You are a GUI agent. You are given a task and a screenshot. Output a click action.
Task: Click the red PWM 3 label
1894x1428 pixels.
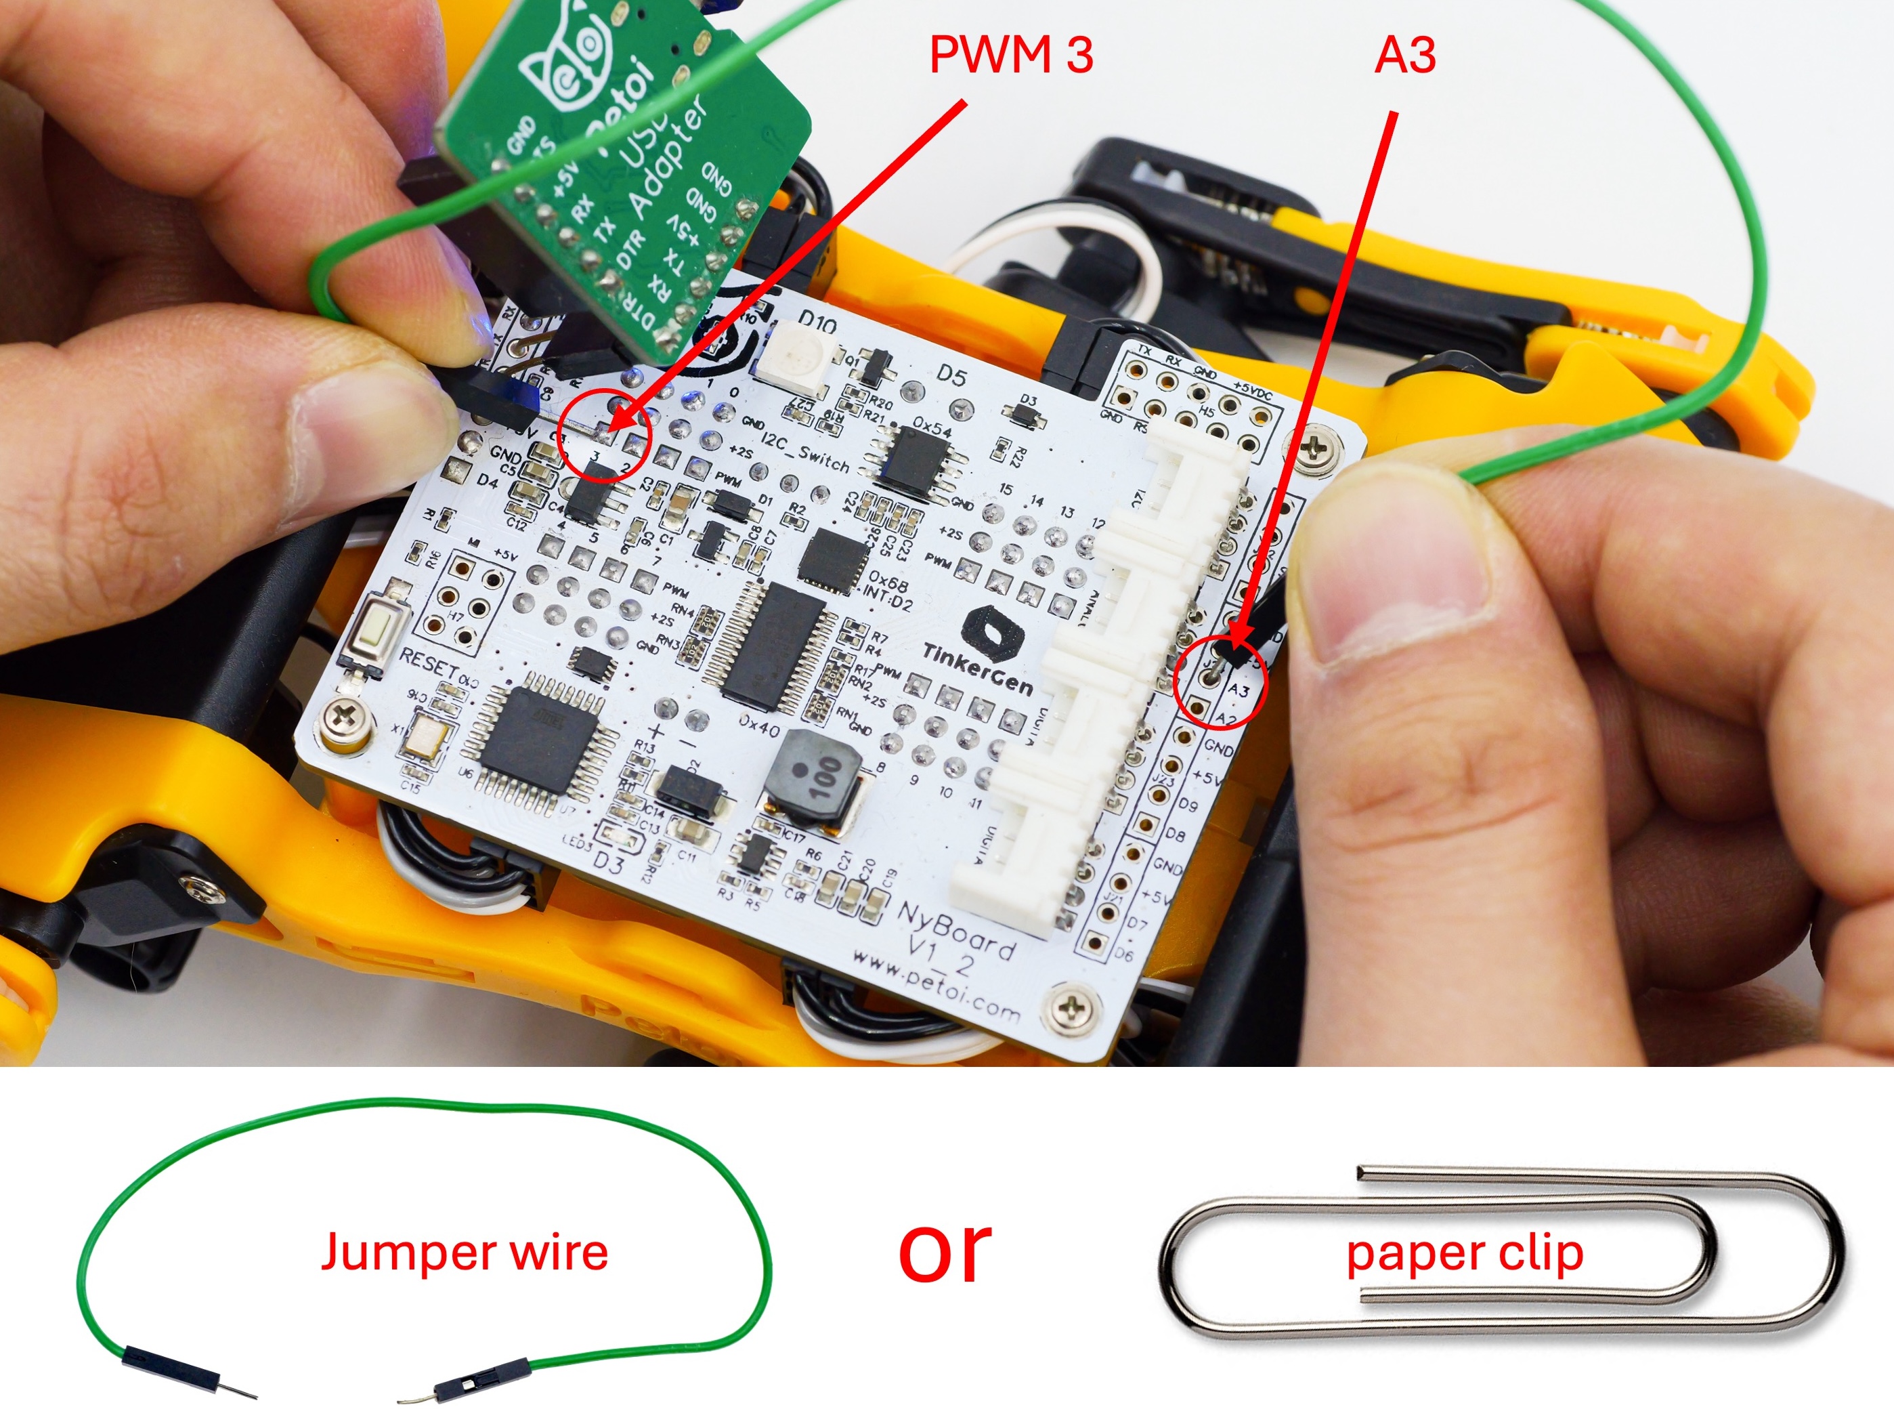1010,56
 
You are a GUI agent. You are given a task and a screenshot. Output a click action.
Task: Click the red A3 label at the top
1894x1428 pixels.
1405,56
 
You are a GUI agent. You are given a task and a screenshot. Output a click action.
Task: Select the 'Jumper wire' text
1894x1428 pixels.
464,1253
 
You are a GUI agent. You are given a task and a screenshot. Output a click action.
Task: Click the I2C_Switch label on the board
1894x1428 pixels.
805,453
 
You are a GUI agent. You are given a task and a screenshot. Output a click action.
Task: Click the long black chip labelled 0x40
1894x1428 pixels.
775,647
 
